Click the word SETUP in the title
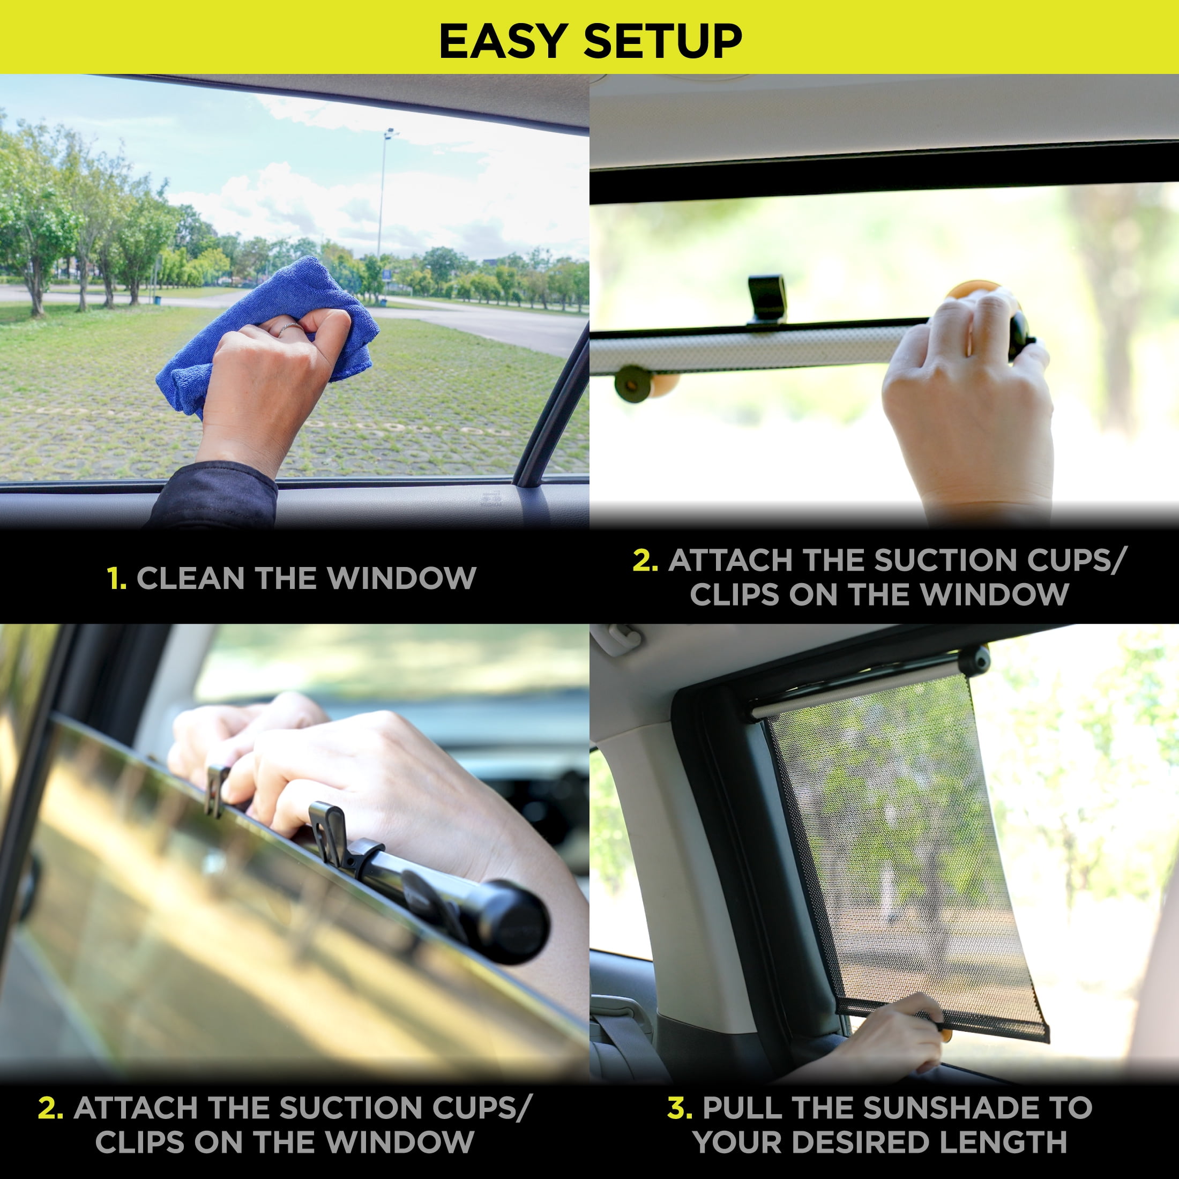pyautogui.click(x=662, y=41)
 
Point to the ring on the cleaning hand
pyautogui.click(x=290, y=327)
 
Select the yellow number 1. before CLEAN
pyautogui.click(x=116, y=578)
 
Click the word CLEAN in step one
pyautogui.click(x=191, y=578)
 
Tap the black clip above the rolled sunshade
pyautogui.click(x=767, y=299)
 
